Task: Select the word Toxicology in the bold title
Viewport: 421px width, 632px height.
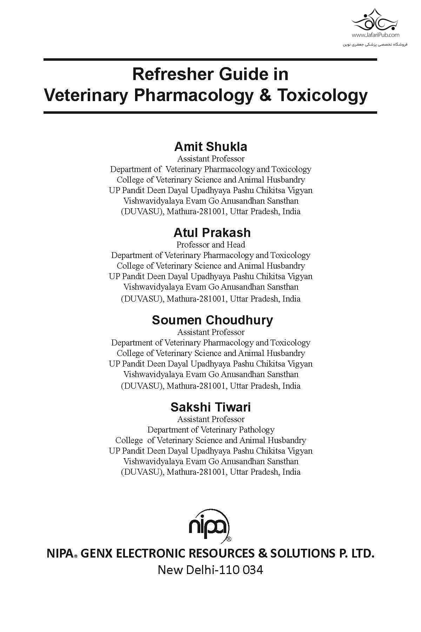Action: coord(322,96)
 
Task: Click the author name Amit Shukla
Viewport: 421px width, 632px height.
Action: coord(210,146)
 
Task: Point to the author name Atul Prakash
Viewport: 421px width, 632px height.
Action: coord(212,232)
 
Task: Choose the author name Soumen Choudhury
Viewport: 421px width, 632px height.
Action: coord(212,320)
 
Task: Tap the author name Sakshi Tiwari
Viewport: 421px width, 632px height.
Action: coord(210,407)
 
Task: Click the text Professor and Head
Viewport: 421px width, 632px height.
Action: coord(210,245)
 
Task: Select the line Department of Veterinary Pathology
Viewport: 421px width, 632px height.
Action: coord(210,430)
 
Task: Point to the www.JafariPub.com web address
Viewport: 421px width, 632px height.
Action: coord(375,35)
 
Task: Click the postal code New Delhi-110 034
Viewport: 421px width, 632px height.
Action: coord(210,570)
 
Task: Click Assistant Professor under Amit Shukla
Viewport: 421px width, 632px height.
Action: coord(210,159)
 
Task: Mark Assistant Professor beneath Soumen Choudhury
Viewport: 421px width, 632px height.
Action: coord(210,332)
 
